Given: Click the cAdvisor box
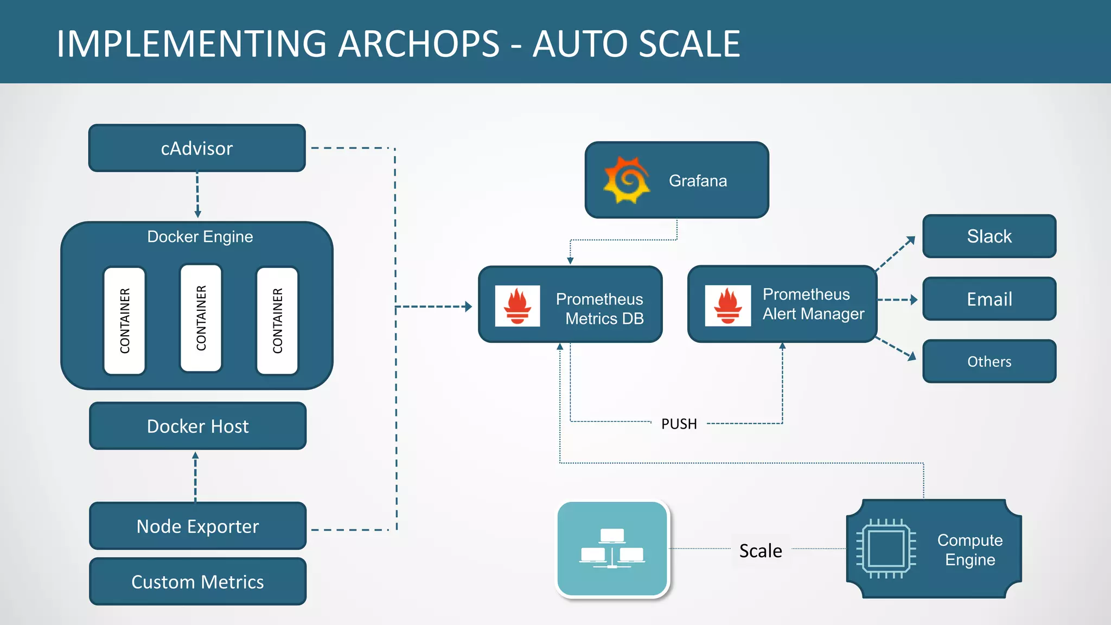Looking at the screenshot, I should (197, 148).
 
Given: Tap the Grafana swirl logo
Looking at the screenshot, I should (627, 180).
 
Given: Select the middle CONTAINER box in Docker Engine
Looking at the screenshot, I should (201, 318).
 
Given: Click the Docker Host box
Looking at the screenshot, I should (197, 426).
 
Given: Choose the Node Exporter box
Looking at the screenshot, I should (197, 526).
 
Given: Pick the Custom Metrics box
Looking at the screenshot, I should (197, 582).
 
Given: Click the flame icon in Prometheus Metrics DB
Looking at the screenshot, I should (517, 306).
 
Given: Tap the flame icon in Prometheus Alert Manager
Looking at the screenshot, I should (727, 306).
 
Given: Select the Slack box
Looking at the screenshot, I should (989, 236).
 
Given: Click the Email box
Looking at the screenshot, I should (989, 299).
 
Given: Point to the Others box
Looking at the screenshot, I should (989, 361).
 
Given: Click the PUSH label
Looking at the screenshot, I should (679, 424).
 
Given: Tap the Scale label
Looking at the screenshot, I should (761, 551).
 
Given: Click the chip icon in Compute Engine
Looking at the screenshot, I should (886, 549).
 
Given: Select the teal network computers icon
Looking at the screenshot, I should (612, 549).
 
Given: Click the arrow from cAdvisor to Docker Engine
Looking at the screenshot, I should (197, 195).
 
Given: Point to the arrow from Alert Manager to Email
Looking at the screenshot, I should (898, 299).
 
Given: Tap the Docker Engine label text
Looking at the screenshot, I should (200, 237).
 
